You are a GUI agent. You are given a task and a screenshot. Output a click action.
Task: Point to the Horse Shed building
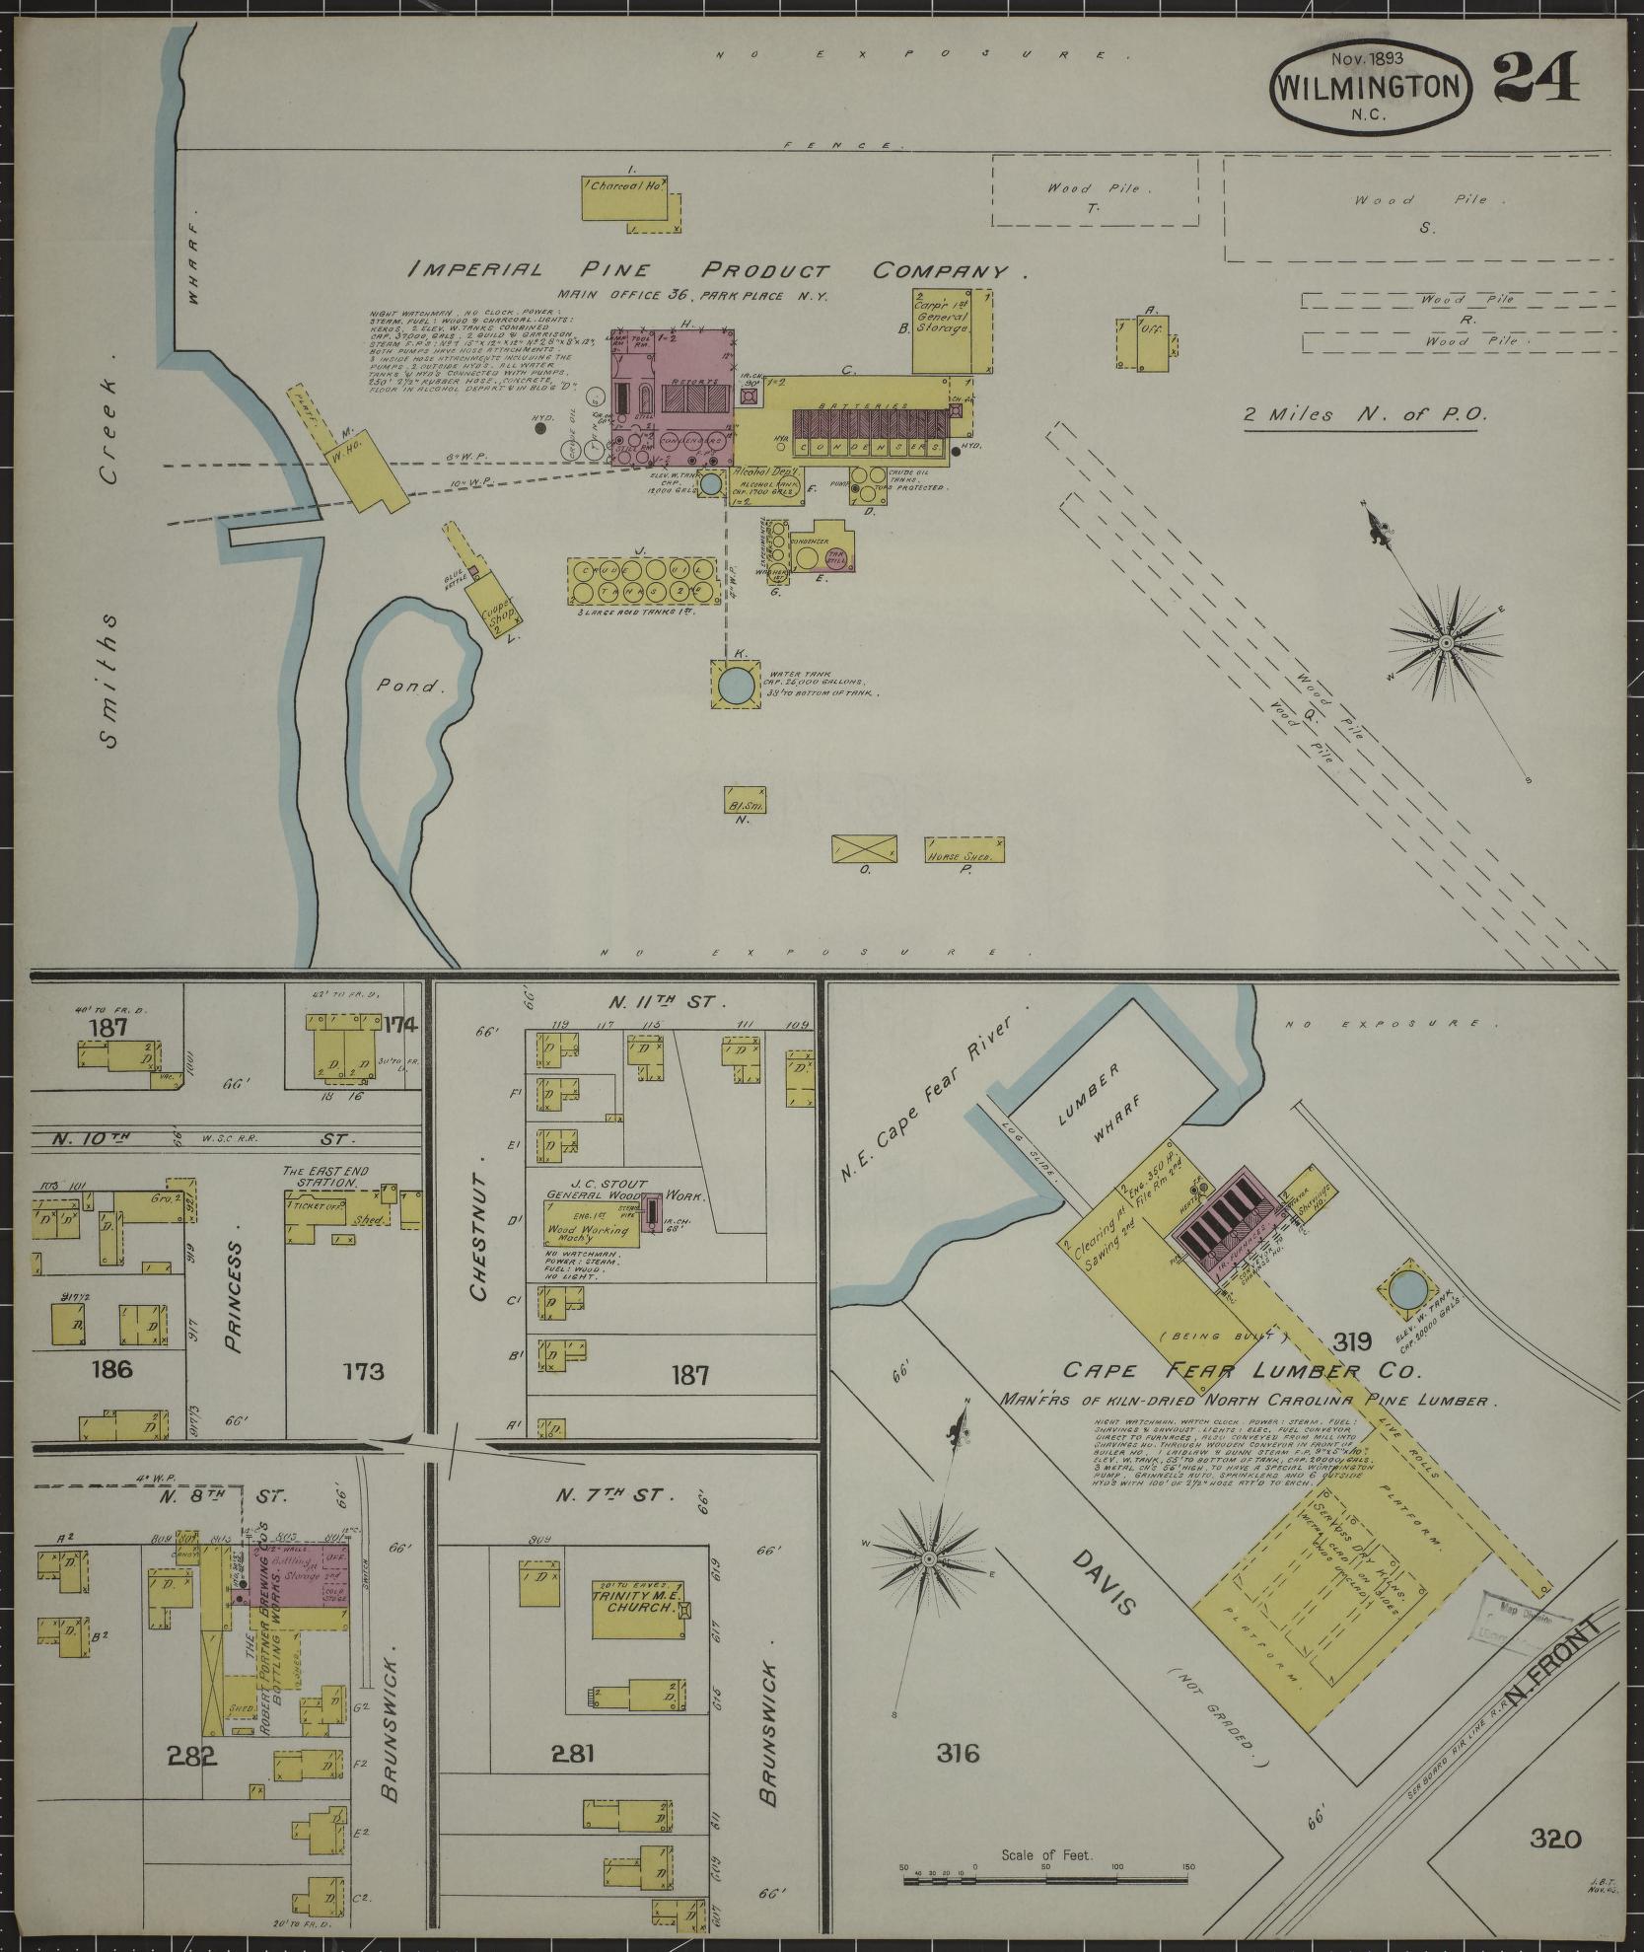(964, 849)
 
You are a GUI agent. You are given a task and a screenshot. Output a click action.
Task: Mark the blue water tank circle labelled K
(734, 684)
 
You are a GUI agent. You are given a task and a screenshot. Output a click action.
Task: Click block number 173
(364, 1371)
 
